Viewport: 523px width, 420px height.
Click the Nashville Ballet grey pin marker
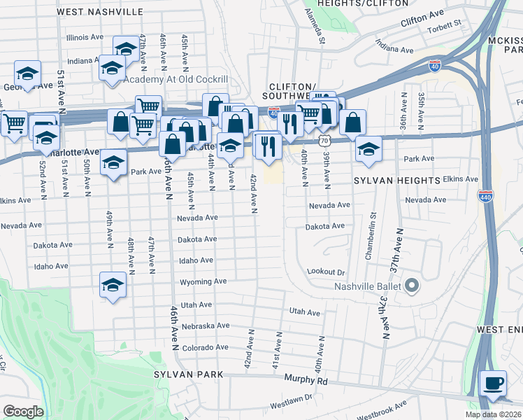coord(411,286)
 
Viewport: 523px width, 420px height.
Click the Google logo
coord(23,411)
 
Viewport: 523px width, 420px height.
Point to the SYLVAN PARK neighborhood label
coord(189,374)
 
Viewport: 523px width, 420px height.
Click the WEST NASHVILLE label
coord(100,12)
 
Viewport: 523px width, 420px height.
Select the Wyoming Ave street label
coord(203,281)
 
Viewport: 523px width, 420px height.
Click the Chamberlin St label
coord(370,236)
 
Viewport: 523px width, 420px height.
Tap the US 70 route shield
coord(322,141)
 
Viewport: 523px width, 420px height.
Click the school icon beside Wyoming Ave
coord(113,285)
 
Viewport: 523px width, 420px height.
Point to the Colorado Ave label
coord(206,347)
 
